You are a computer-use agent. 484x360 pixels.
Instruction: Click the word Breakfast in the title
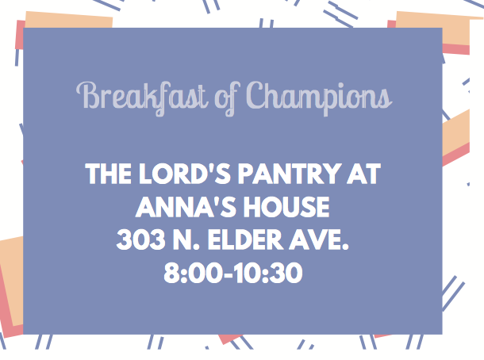[142, 98]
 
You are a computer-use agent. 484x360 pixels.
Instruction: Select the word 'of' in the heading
[228, 99]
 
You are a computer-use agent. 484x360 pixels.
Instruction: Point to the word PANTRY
[290, 174]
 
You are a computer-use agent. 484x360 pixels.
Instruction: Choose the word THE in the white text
[109, 174]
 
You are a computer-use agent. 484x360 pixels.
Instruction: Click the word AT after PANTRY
[363, 174]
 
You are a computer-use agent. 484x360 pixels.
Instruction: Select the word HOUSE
[286, 207]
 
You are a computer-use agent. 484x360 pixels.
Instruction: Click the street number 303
[140, 240]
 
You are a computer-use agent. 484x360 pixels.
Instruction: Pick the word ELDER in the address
[245, 240]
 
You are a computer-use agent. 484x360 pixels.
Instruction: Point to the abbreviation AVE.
[319, 240]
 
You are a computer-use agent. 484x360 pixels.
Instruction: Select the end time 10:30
[267, 273]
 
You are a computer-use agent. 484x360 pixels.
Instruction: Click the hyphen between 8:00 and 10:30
[228, 274]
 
